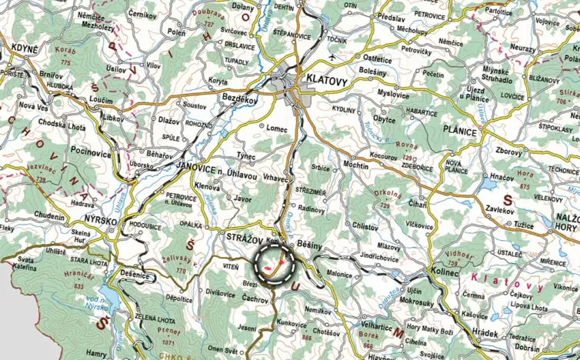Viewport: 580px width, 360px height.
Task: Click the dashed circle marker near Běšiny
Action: pos(275,265)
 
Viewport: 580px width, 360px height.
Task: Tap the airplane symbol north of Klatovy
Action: pos(332,58)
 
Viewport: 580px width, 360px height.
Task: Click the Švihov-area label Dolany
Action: pos(243,7)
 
